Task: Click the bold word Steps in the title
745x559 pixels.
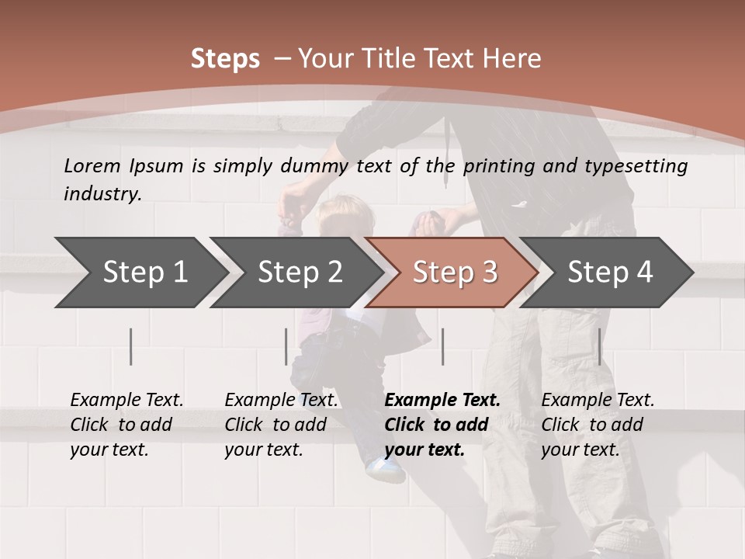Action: [225, 59]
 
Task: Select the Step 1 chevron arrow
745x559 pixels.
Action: [140, 273]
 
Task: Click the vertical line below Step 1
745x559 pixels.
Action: [131, 346]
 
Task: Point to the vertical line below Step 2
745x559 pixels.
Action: [286, 346]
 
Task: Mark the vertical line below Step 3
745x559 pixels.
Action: [442, 346]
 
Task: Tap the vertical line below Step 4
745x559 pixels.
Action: [599, 346]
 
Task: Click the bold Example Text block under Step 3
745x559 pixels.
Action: [442, 425]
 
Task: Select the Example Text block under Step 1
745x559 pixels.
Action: [126, 425]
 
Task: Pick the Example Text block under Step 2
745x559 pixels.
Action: [281, 425]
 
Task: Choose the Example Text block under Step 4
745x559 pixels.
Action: [598, 425]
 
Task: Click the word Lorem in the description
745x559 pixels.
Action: [92, 165]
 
